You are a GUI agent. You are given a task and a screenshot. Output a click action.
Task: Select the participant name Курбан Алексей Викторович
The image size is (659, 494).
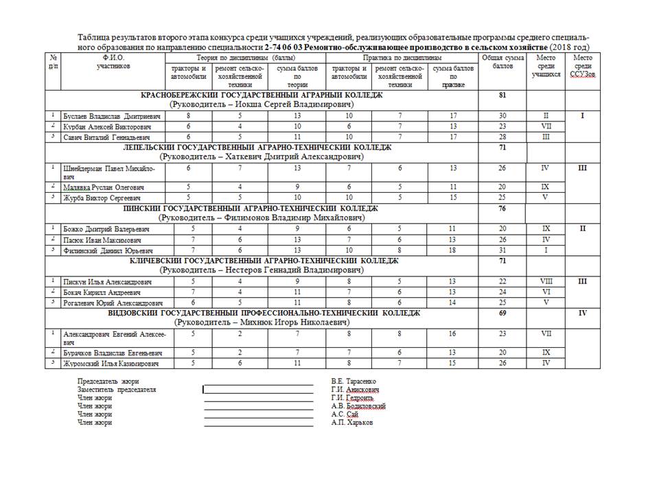[x=102, y=127]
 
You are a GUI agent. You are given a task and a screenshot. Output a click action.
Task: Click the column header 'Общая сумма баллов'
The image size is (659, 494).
[x=502, y=62]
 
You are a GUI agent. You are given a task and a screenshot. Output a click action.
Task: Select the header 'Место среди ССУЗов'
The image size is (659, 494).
[x=582, y=67]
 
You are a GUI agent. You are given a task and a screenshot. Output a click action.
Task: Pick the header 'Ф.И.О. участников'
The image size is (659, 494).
[x=113, y=62]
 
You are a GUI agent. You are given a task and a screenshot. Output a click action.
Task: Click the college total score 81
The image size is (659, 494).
[x=502, y=95]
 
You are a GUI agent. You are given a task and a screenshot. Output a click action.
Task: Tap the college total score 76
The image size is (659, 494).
[x=502, y=209]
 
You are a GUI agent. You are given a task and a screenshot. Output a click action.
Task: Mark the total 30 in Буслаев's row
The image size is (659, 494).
[x=502, y=117]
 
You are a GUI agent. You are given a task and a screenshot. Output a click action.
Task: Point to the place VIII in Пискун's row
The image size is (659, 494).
[x=546, y=281]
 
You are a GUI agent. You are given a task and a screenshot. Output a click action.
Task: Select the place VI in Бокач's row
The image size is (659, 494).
[x=546, y=292]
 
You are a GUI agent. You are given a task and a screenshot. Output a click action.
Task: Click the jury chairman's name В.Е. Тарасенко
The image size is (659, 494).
[x=354, y=381]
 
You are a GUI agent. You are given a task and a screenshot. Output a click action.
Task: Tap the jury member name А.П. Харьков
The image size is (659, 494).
[x=352, y=423]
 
